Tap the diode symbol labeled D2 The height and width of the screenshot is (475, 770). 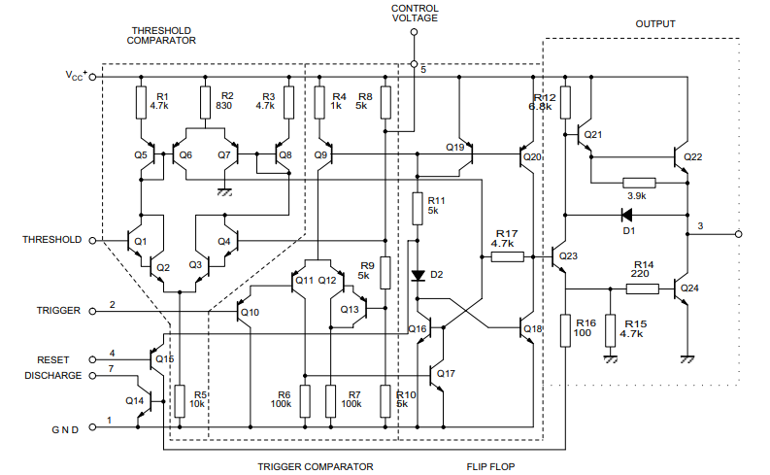418,275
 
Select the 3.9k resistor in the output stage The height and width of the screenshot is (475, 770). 638,182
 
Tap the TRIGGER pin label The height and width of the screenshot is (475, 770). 58,311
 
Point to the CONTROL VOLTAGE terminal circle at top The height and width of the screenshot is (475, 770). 415,32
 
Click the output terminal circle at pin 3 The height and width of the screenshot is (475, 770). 738,234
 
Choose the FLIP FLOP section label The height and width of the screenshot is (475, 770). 490,467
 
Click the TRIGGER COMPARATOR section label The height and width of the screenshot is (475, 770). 315,467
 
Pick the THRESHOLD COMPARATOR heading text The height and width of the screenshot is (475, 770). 162,36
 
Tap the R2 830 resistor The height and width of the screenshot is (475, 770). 205,101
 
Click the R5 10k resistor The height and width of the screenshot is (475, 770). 180,398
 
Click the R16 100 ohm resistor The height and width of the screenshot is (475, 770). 565,329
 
